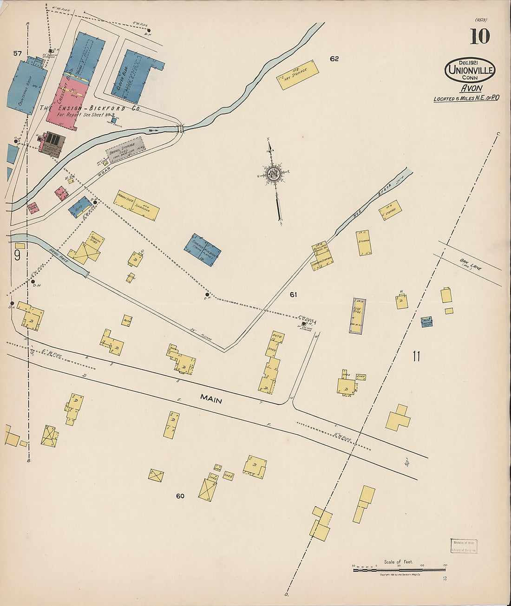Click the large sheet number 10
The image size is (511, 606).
pos(479,36)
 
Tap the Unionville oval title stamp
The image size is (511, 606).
pos(470,71)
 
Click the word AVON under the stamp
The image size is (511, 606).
pos(471,88)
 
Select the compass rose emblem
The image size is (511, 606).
pos(273,175)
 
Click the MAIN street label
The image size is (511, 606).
pos(212,398)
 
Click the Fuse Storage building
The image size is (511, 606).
pos(357,316)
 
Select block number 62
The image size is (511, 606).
pos(334,59)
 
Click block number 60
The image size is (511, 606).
pos(180,496)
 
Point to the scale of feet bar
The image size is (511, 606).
pos(399,569)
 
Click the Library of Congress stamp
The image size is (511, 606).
pos(463,546)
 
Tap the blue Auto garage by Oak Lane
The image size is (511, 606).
pos(426,322)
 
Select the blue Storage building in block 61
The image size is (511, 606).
pos(202,250)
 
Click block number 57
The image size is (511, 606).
pos(17,53)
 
